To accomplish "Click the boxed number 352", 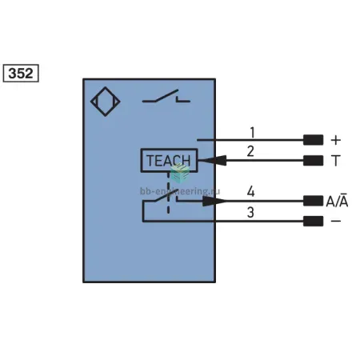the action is [x=21, y=73].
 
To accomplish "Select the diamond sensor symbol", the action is [x=106, y=102].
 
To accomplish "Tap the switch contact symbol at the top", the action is [x=166, y=97].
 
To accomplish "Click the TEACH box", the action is [x=169, y=160].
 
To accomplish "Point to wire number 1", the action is [x=252, y=133].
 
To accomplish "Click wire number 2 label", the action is [x=250, y=151].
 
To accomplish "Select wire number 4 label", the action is [x=250, y=191].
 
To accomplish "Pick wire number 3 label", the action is [x=250, y=212].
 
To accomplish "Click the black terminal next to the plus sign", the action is [x=313, y=140].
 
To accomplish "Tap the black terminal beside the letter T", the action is [x=313, y=161].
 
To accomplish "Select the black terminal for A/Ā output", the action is [x=313, y=201].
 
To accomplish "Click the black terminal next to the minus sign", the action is [x=313, y=221].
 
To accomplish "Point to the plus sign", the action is [x=336, y=140].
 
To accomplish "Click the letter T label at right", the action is [x=336, y=161].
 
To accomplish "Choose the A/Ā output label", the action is [x=337, y=201].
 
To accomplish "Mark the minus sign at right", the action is [x=336, y=221].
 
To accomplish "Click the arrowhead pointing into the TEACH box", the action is [x=212, y=161].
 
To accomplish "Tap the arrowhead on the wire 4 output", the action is [x=214, y=201].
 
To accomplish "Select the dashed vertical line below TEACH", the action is [x=168, y=193].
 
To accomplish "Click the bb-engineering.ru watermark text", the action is [x=180, y=191].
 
